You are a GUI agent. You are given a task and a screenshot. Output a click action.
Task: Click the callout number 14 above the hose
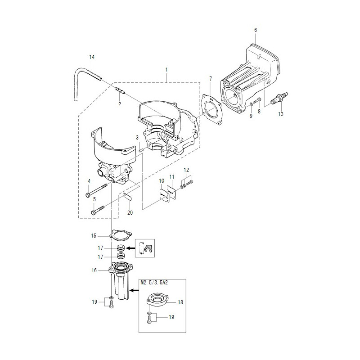pyautogui.click(x=92, y=57)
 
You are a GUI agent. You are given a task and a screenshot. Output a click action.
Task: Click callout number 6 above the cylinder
pyautogui.click(x=256, y=30)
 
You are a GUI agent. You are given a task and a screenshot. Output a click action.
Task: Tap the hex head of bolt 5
pyautogui.click(x=94, y=212)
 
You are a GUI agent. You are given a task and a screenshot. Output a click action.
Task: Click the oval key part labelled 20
pyautogui.click(x=127, y=197)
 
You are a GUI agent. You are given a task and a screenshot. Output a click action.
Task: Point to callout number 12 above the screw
pyautogui.click(x=186, y=170)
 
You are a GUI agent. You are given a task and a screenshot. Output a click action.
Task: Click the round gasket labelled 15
pyautogui.click(x=121, y=235)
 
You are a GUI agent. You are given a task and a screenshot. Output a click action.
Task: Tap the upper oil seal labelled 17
pyautogui.click(x=121, y=248)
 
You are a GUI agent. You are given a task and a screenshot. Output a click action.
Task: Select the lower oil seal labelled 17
pyautogui.click(x=121, y=255)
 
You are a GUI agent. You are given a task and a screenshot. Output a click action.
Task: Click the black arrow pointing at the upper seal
pyautogui.click(x=130, y=248)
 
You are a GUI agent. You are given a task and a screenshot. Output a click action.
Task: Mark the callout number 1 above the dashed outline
pyautogui.click(x=166, y=69)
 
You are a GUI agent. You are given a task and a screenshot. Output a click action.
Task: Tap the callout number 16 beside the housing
pyautogui.click(x=94, y=270)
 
